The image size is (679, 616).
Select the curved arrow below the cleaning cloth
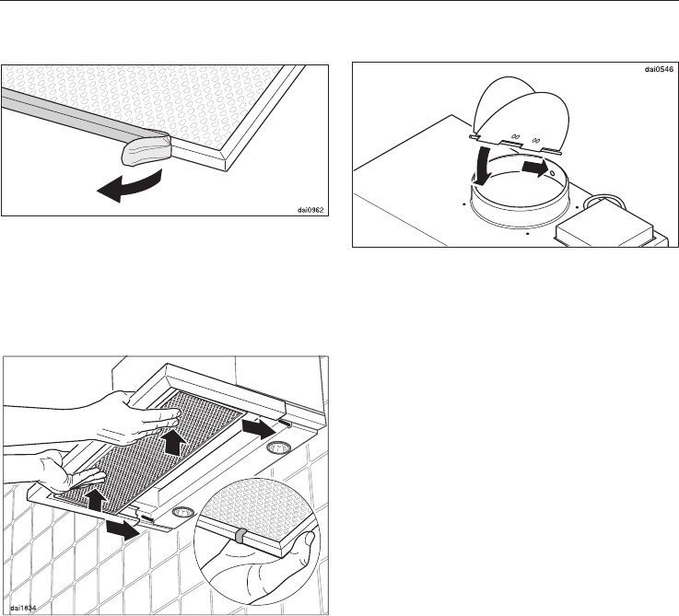(x=132, y=187)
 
